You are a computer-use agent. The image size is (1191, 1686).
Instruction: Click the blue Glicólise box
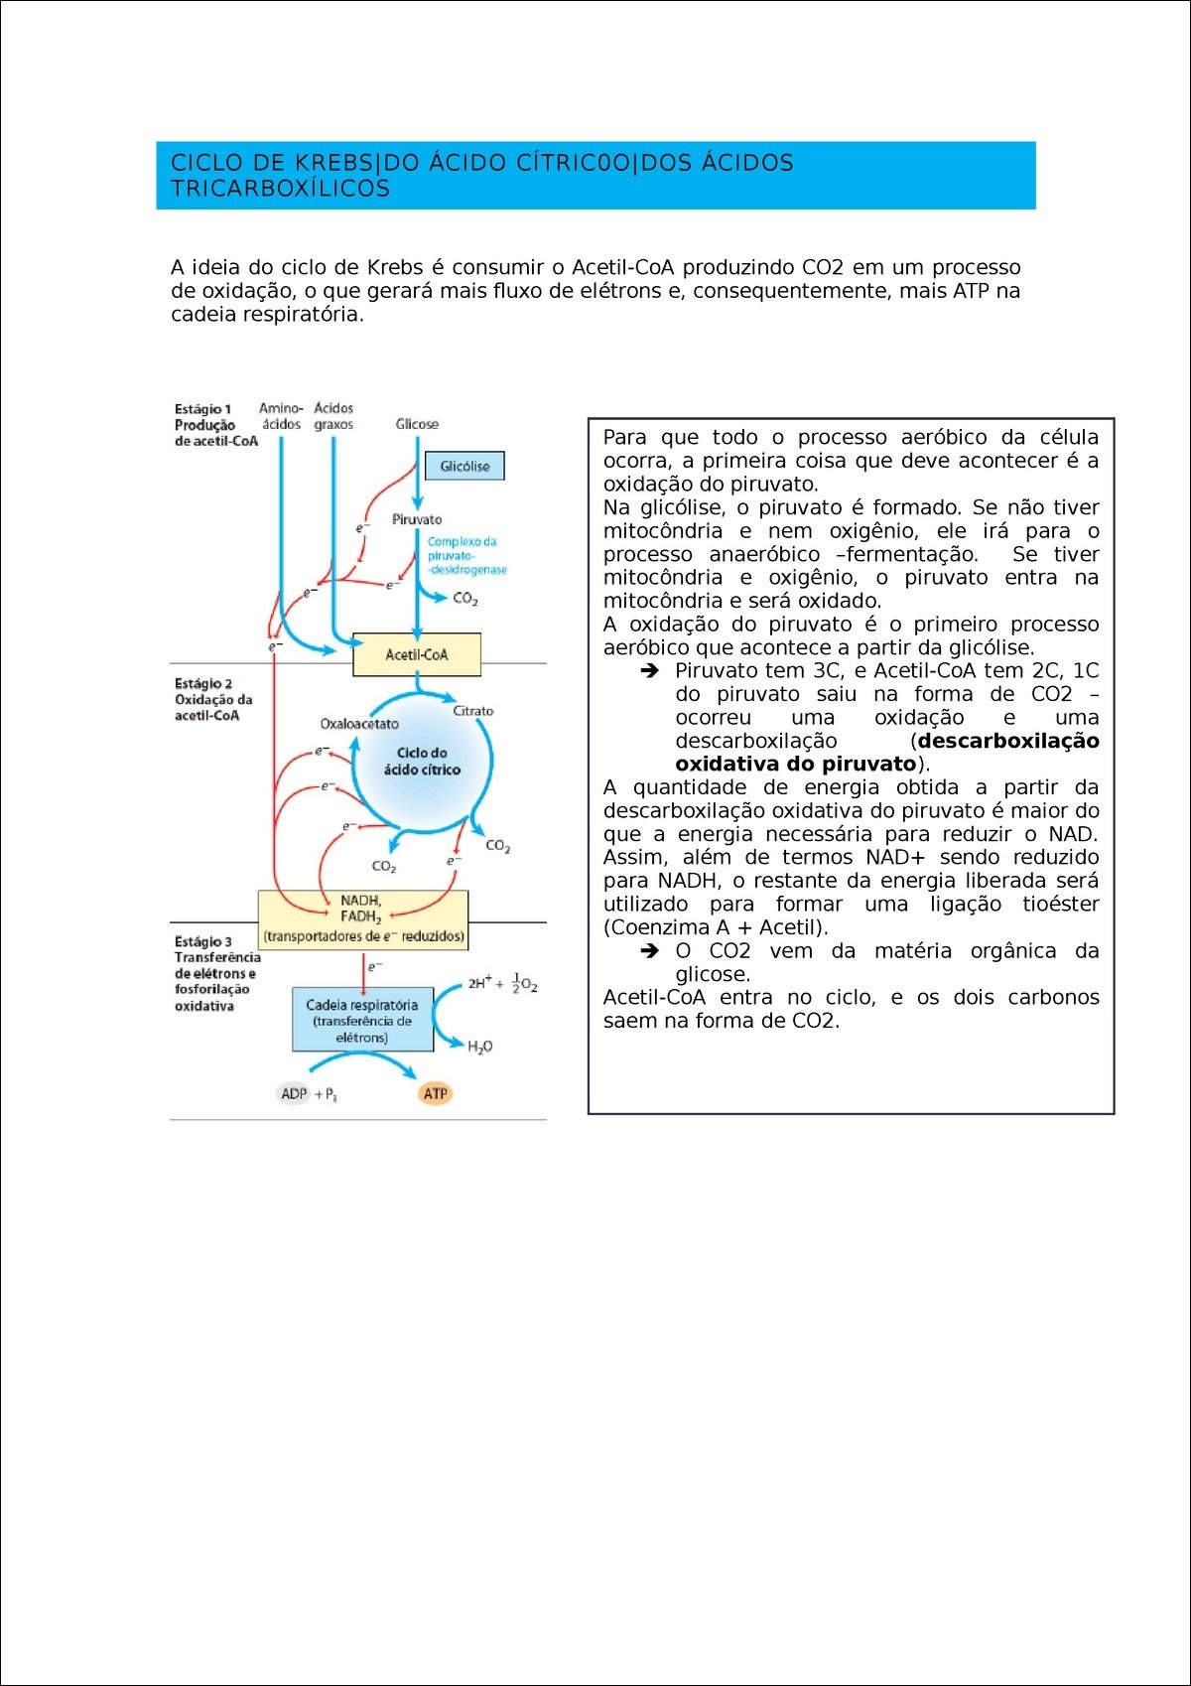[464, 466]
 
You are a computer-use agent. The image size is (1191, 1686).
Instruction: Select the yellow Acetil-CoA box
[417, 654]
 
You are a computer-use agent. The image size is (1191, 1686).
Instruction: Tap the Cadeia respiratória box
[362, 1020]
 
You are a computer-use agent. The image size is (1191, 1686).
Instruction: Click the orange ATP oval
[436, 1093]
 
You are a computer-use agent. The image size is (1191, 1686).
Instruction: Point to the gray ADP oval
[294, 1093]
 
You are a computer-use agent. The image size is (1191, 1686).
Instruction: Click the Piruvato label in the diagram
[417, 519]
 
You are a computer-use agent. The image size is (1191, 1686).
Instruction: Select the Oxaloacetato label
[359, 724]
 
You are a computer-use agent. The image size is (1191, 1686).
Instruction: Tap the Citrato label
[472, 711]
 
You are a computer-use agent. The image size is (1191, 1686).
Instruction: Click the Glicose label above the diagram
[417, 424]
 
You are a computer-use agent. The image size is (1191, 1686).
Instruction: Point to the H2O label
[479, 1047]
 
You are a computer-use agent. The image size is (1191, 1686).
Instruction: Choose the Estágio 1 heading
[202, 409]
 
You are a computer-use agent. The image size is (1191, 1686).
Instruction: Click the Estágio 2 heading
[203, 683]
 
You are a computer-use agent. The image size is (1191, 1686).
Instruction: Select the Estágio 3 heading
[203, 941]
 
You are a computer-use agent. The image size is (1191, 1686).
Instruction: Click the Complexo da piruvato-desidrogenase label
[466, 556]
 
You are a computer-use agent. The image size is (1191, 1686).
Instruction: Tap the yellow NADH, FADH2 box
[362, 918]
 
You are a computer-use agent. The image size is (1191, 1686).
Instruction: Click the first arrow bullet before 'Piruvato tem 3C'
[650, 671]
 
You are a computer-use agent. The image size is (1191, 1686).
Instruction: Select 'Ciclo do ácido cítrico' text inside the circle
[422, 762]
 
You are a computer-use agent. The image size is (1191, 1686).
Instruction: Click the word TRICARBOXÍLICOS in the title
[280, 189]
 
